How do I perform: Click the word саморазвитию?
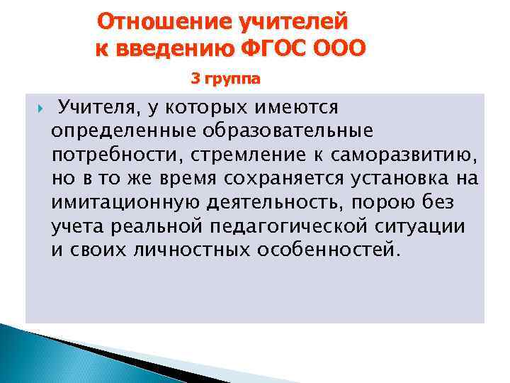tap(402, 155)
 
